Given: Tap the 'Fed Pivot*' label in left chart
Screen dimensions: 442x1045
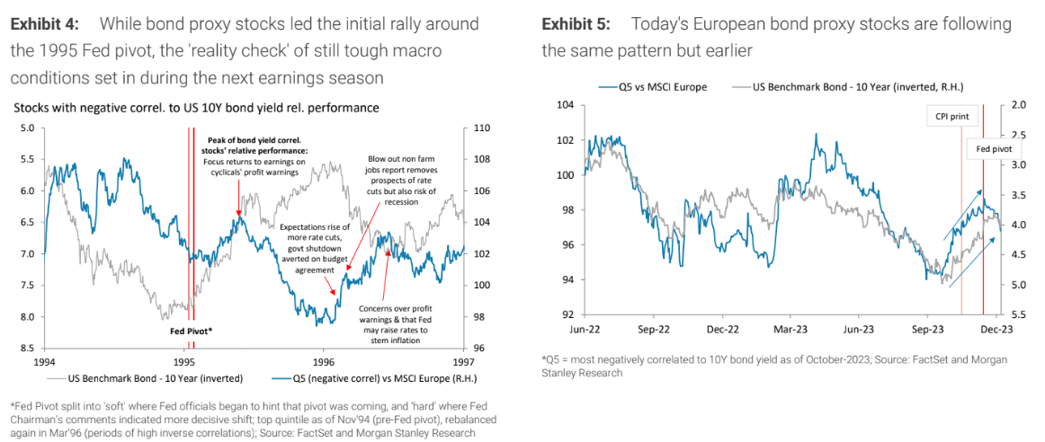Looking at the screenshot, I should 192,331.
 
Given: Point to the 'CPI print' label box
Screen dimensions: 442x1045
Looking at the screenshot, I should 946,115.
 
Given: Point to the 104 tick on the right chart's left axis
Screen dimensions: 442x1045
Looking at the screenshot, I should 566,106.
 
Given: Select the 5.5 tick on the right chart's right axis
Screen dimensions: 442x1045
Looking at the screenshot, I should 1019,315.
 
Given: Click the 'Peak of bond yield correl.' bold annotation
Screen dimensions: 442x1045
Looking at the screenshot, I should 257,141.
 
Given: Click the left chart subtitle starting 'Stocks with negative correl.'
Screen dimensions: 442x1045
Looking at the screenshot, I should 196,108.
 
